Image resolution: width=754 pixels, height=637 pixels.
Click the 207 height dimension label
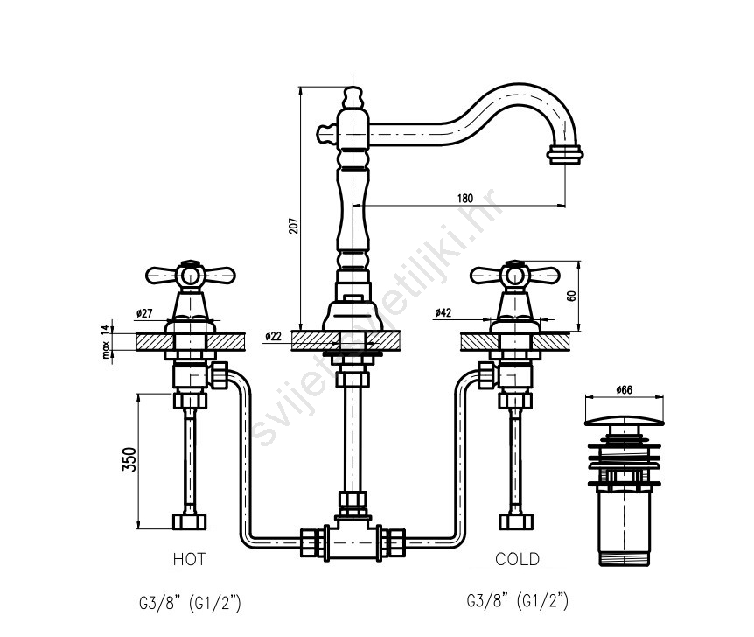pyautogui.click(x=293, y=226)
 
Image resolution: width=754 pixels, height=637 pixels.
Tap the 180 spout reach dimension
pyautogui.click(x=464, y=199)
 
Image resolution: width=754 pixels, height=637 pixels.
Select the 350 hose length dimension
pyautogui.click(x=129, y=459)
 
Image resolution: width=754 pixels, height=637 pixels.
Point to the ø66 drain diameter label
pyautogui.click(x=624, y=389)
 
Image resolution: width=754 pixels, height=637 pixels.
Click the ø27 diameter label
pyautogui.click(x=144, y=314)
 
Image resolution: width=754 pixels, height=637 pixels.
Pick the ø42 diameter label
pyautogui.click(x=443, y=312)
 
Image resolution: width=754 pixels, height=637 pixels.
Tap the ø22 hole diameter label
pyautogui.click(x=273, y=337)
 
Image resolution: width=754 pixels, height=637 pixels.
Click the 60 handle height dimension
pyautogui.click(x=572, y=296)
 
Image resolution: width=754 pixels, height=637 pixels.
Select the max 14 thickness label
pyautogui.click(x=106, y=341)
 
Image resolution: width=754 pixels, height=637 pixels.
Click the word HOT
pyautogui.click(x=189, y=559)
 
